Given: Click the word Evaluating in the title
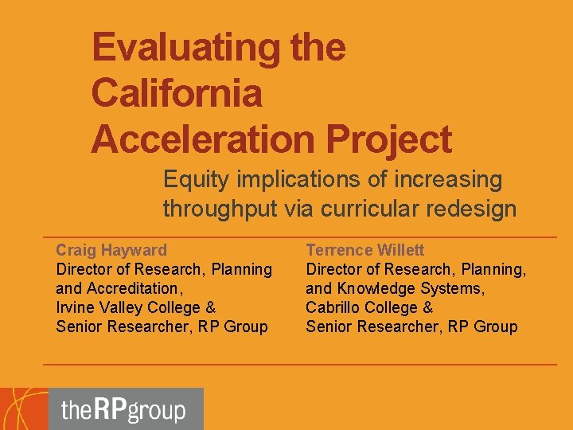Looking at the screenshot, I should click(186, 47).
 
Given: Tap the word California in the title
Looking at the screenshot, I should click(176, 93).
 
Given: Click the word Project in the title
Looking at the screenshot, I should click(388, 139).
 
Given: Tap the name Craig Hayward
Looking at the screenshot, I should click(111, 250).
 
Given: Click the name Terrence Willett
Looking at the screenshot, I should click(365, 250).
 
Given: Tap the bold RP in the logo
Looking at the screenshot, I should click(110, 410).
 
